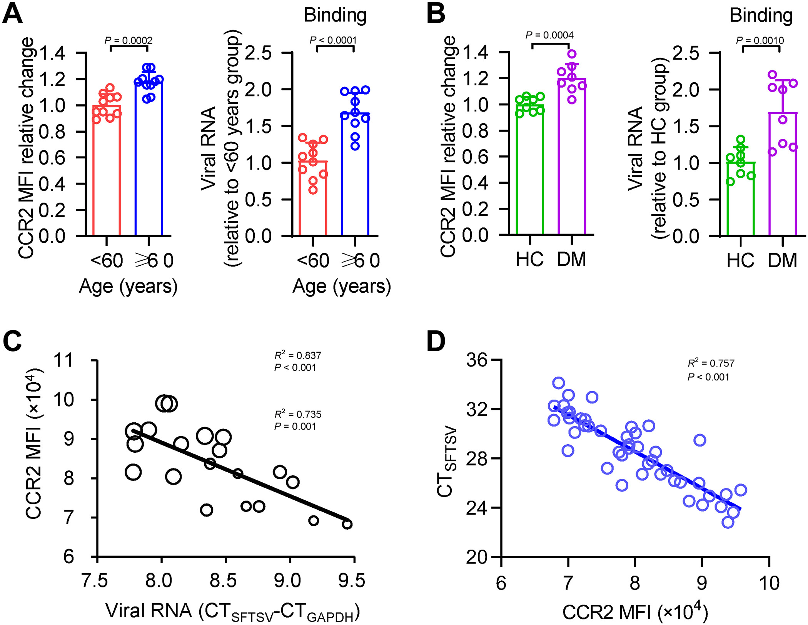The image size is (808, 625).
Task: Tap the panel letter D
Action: coord(436,342)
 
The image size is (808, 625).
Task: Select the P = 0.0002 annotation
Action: coord(129,40)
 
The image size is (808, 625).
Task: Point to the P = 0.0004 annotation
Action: coord(549,35)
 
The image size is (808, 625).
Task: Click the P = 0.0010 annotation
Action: coord(760,40)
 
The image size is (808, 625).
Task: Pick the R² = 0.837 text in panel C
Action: coord(297,355)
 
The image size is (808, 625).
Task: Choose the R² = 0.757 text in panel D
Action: coord(711,363)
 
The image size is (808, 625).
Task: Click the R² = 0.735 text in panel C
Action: coord(297,414)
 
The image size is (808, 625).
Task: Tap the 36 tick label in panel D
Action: coord(477,360)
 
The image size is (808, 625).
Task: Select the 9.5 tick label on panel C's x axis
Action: coord(352,580)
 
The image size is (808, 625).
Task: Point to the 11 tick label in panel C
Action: coord(63,360)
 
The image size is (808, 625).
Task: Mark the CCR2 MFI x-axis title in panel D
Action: coord(635,612)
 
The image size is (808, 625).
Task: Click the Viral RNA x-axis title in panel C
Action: coord(232,611)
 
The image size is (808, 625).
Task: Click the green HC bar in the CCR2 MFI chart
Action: coord(530,169)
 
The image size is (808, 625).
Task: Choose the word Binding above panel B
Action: coord(761,15)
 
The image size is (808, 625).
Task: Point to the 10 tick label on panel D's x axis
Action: coord(769,583)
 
